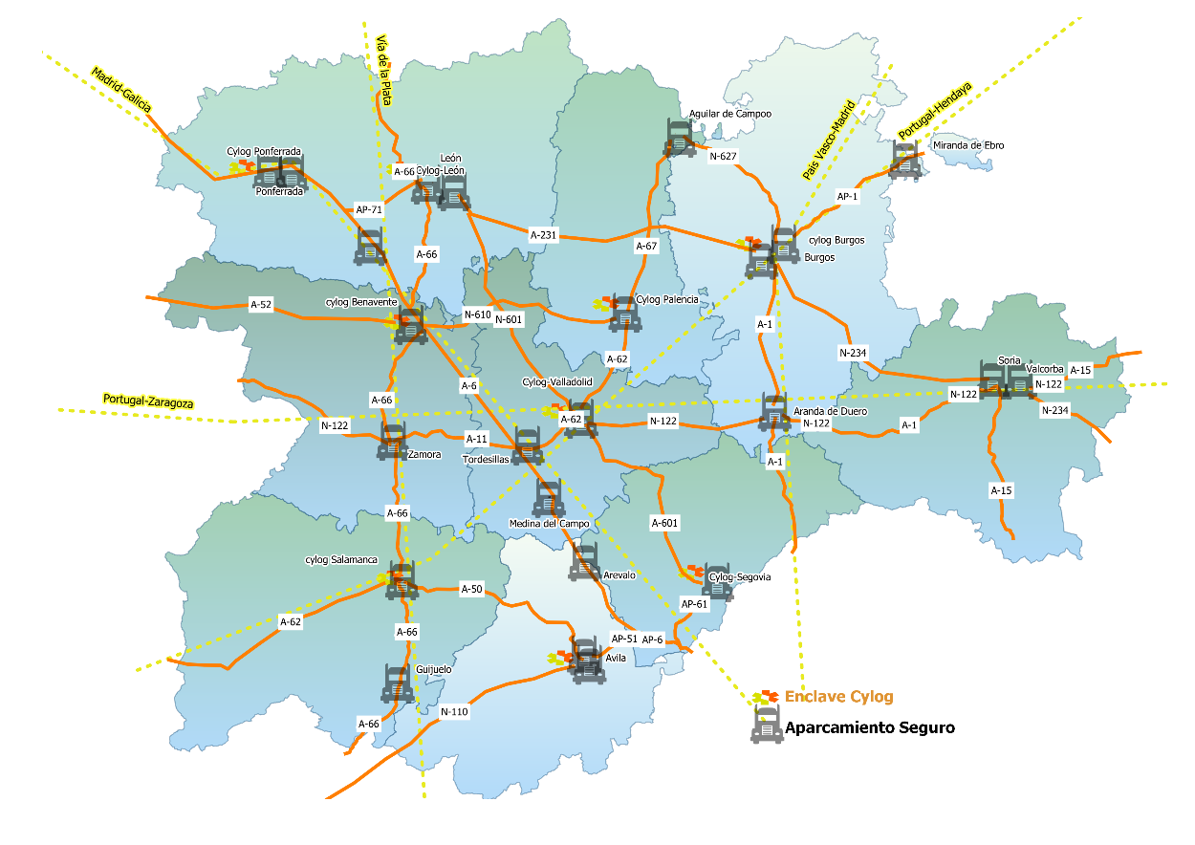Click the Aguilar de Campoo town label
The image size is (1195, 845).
(729, 113)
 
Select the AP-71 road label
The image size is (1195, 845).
(369, 208)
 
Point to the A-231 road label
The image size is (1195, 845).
(543, 233)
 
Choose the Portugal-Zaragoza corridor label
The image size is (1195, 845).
(147, 401)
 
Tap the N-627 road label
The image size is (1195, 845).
(723, 156)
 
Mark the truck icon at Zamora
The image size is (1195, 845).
(393, 441)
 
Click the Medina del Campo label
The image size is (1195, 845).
(550, 524)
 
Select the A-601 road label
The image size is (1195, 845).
(664, 523)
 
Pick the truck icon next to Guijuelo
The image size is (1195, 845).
(397, 683)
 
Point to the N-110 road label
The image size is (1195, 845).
(454, 712)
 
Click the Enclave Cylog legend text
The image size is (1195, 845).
(838, 697)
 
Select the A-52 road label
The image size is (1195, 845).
(261, 305)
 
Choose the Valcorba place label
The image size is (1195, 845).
(1044, 369)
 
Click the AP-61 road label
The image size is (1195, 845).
(694, 604)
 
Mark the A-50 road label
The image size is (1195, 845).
(471, 589)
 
